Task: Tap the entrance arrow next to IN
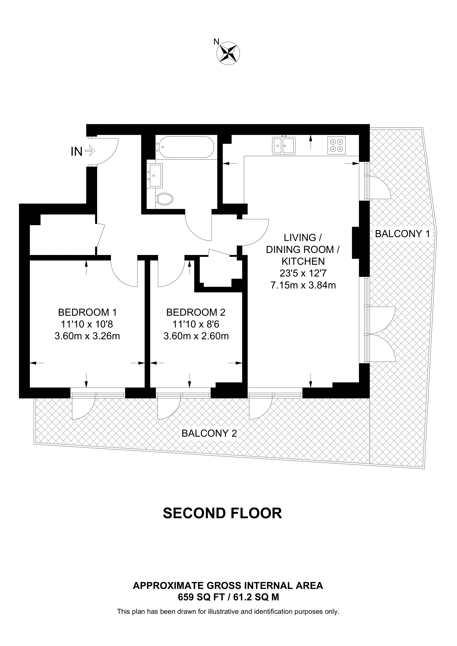[90, 151]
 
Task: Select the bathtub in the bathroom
[186, 147]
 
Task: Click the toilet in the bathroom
[165, 199]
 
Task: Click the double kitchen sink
[284, 145]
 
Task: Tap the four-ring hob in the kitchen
[337, 145]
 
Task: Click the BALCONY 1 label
[402, 234]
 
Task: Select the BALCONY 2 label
[209, 433]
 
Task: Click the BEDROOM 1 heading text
[87, 312]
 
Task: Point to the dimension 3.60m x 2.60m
[196, 336]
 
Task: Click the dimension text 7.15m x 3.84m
[303, 285]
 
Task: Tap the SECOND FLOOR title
[222, 513]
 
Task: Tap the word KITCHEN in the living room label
[303, 261]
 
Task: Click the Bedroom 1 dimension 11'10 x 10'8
[87, 324]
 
